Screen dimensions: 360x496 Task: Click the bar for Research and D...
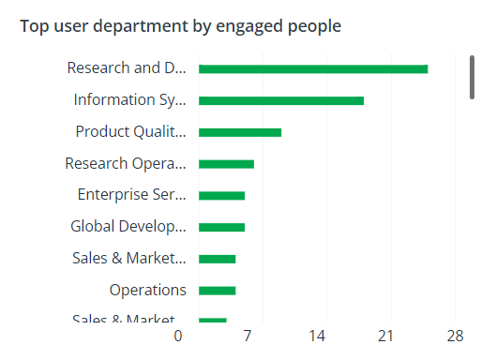coord(313,68)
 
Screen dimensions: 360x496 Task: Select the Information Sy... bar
coord(281,100)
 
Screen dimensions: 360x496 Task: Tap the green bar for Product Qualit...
coord(240,132)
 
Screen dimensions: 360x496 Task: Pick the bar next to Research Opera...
coord(226,164)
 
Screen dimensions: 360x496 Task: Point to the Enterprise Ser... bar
coord(221,195)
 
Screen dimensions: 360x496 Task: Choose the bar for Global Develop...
coord(221,227)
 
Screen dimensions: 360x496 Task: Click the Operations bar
coord(217,291)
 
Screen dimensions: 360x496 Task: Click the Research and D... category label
coord(127,67)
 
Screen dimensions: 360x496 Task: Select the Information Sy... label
coord(130,99)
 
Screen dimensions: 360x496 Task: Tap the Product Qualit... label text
coord(131,131)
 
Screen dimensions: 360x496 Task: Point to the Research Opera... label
coord(126,163)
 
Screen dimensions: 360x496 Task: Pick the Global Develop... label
coord(128,226)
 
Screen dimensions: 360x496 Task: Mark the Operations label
coord(147,290)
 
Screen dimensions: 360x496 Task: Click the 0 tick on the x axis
coord(178,336)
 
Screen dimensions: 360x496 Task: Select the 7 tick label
coord(248,336)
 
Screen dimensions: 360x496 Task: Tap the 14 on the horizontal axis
coord(317,336)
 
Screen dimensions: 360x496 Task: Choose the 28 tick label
coord(456,336)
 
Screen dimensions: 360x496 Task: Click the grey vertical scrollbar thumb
coord(472,76)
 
